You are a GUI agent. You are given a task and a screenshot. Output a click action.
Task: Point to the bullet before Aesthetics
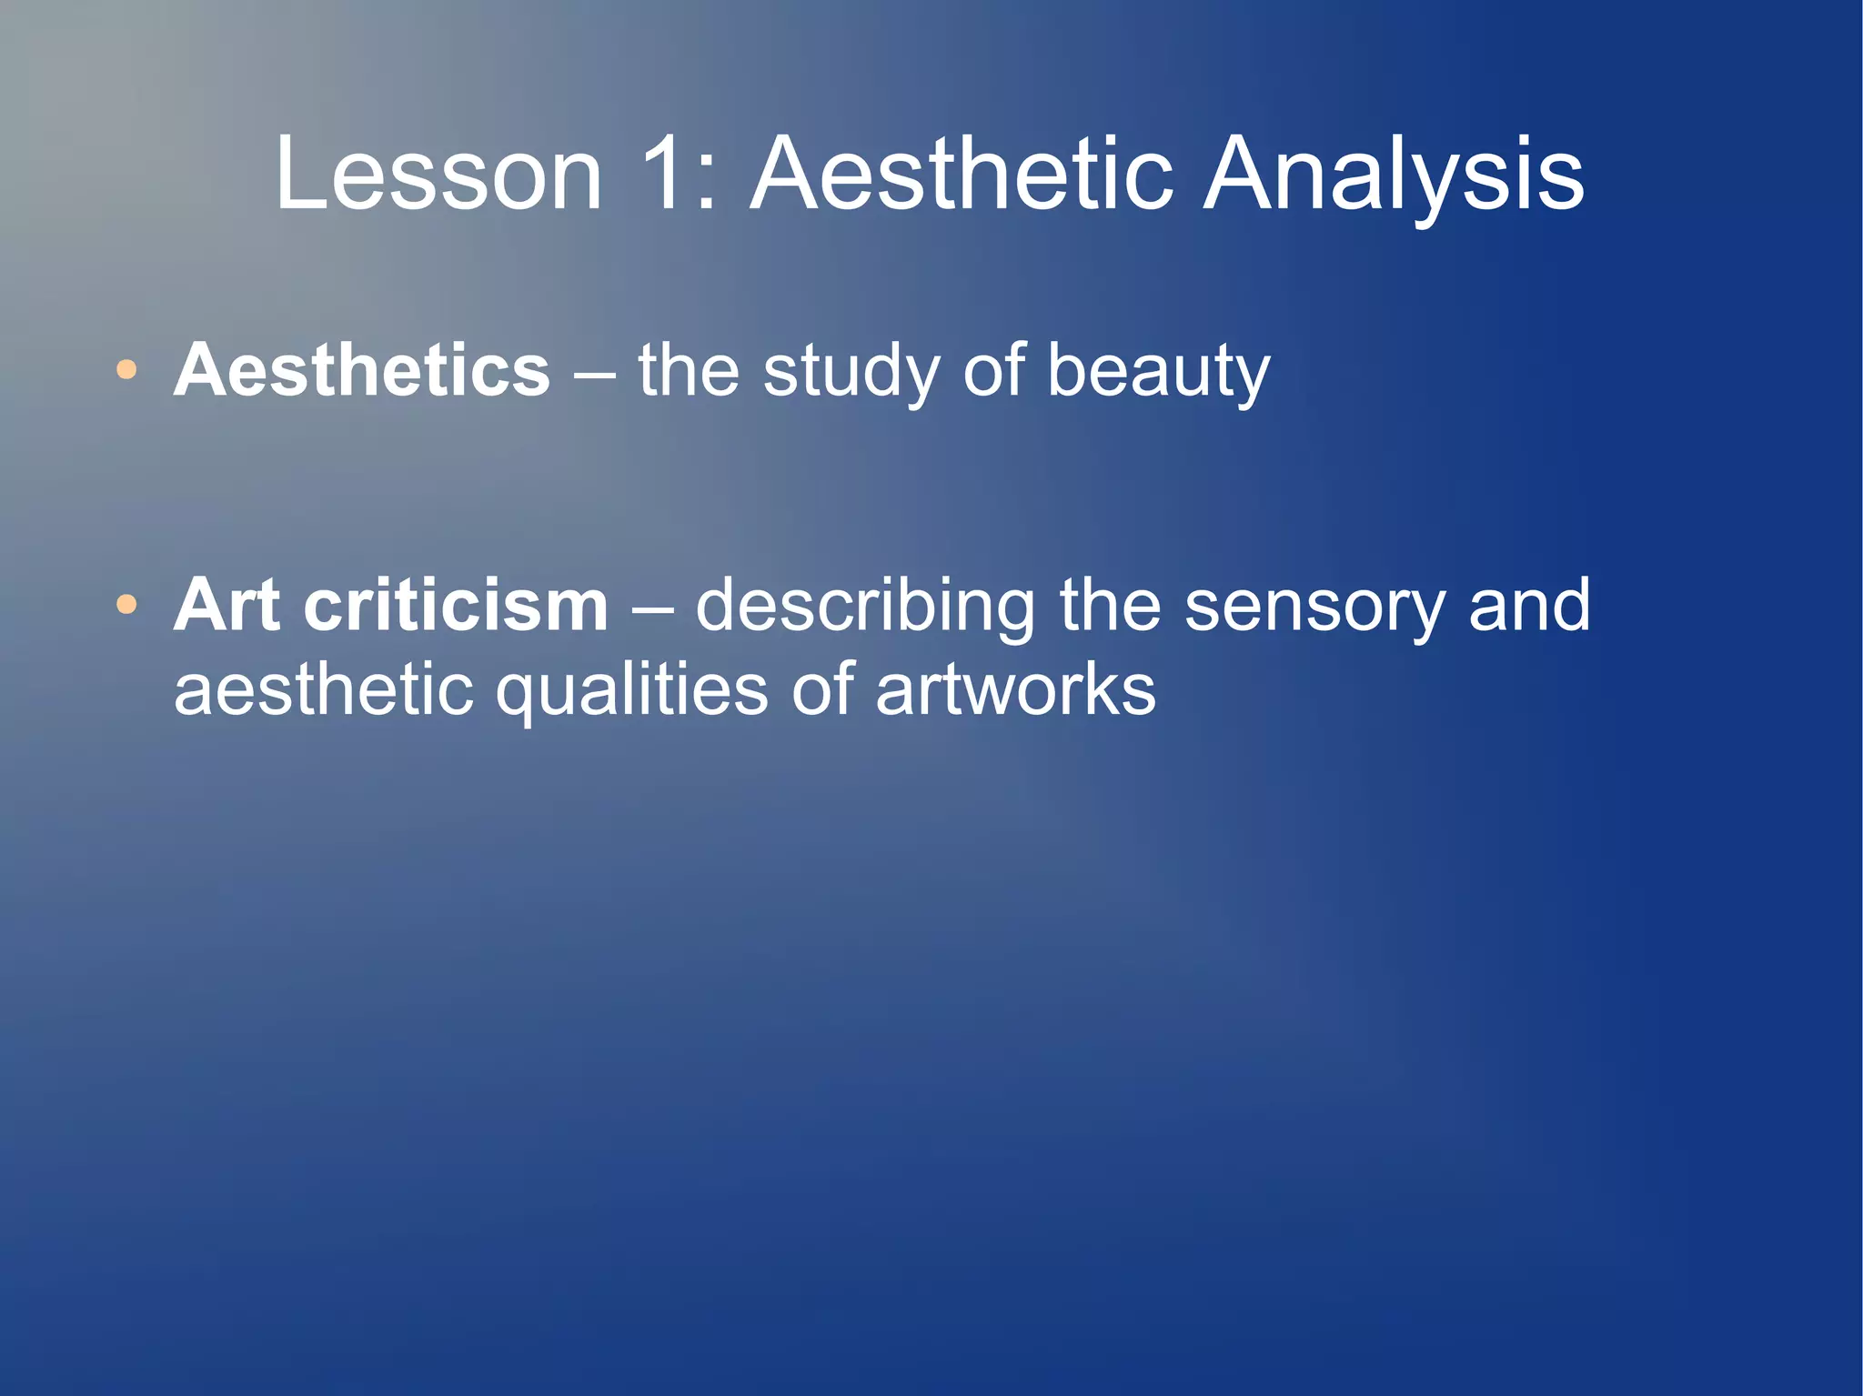[126, 370]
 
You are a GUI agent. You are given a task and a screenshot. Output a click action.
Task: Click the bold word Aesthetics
[362, 370]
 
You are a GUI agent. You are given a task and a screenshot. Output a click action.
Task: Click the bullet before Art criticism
[126, 605]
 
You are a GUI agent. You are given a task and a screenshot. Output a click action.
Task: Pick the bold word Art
[227, 605]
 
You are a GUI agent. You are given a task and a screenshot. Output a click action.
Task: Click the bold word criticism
[456, 605]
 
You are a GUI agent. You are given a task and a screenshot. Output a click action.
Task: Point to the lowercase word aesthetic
[323, 689]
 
